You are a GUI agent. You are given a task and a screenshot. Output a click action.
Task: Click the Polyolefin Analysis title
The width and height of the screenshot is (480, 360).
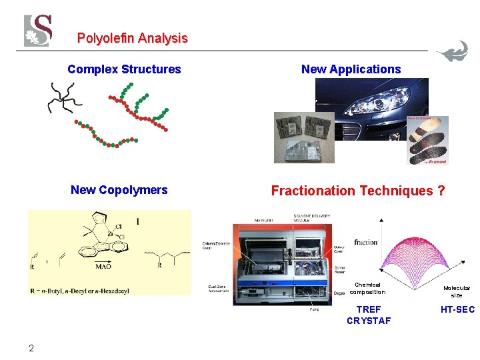(x=132, y=39)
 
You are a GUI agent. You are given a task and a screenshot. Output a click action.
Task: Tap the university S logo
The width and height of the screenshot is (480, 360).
(x=37, y=30)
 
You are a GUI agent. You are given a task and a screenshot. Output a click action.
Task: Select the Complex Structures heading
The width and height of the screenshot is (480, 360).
(x=124, y=69)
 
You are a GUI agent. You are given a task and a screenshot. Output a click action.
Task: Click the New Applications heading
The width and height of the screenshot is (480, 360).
(x=351, y=69)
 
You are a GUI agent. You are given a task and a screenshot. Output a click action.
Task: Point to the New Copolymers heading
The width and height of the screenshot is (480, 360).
(x=119, y=190)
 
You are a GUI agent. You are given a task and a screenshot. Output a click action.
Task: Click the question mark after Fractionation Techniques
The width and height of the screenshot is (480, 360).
(x=441, y=191)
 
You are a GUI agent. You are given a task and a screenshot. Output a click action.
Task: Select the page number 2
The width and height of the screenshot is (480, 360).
(x=31, y=347)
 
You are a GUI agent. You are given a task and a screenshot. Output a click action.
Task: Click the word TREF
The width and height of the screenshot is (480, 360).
(x=369, y=309)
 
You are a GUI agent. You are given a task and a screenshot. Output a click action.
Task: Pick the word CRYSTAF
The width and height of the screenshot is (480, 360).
(x=369, y=321)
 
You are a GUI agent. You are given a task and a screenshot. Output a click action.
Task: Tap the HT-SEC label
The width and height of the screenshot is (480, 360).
(x=457, y=309)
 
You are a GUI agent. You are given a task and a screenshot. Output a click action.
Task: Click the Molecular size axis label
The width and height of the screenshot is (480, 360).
(x=457, y=291)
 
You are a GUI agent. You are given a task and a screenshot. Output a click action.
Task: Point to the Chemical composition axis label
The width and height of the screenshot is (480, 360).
(x=367, y=288)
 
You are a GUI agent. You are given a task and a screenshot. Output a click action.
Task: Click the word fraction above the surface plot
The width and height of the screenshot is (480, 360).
(x=365, y=242)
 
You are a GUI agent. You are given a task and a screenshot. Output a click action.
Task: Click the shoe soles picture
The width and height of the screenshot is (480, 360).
(x=428, y=140)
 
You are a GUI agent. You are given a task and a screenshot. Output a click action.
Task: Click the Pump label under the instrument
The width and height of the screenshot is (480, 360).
(x=313, y=309)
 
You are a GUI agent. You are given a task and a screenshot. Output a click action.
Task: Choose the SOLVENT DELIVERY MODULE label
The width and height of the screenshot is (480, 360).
(x=311, y=219)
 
